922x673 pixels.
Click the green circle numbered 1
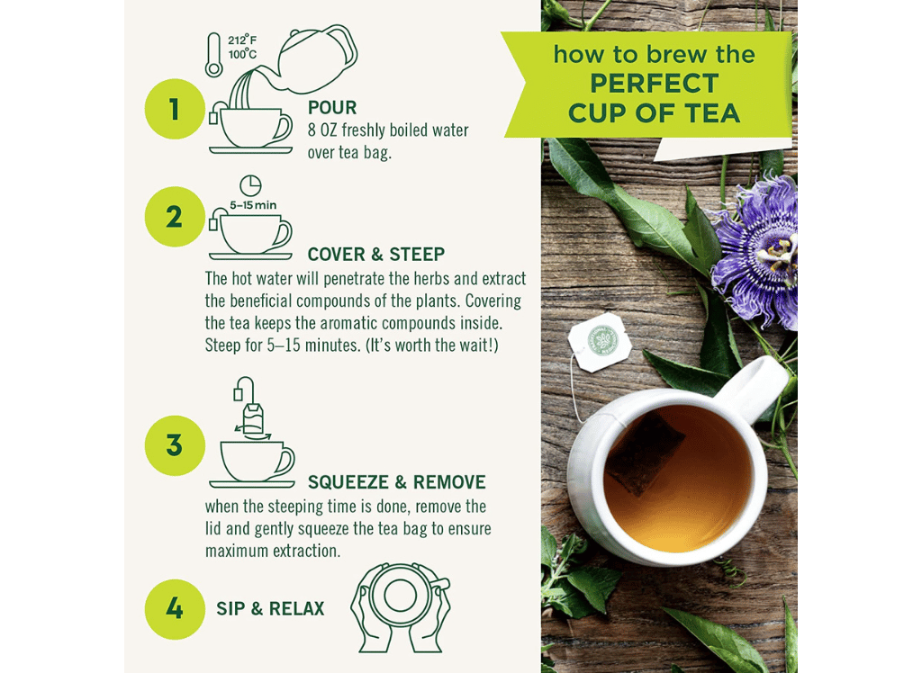coord(175,109)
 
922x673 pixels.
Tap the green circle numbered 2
coord(175,217)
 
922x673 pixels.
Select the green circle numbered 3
coord(175,445)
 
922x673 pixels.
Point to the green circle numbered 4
coord(175,609)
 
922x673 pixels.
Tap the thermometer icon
coord(214,55)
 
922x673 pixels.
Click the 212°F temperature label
coord(242,40)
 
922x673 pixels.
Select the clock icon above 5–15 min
coord(250,185)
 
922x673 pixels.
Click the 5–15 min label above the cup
coord(253,205)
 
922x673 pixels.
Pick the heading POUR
coord(332,108)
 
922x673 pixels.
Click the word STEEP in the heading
coord(417,254)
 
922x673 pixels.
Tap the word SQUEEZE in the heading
coord(348,482)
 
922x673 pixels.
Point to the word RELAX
coord(296,608)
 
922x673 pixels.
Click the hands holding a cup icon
coord(401,607)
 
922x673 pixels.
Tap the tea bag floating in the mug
coord(644,453)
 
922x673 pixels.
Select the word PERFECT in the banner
coord(655,84)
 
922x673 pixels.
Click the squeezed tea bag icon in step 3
coord(253,418)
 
